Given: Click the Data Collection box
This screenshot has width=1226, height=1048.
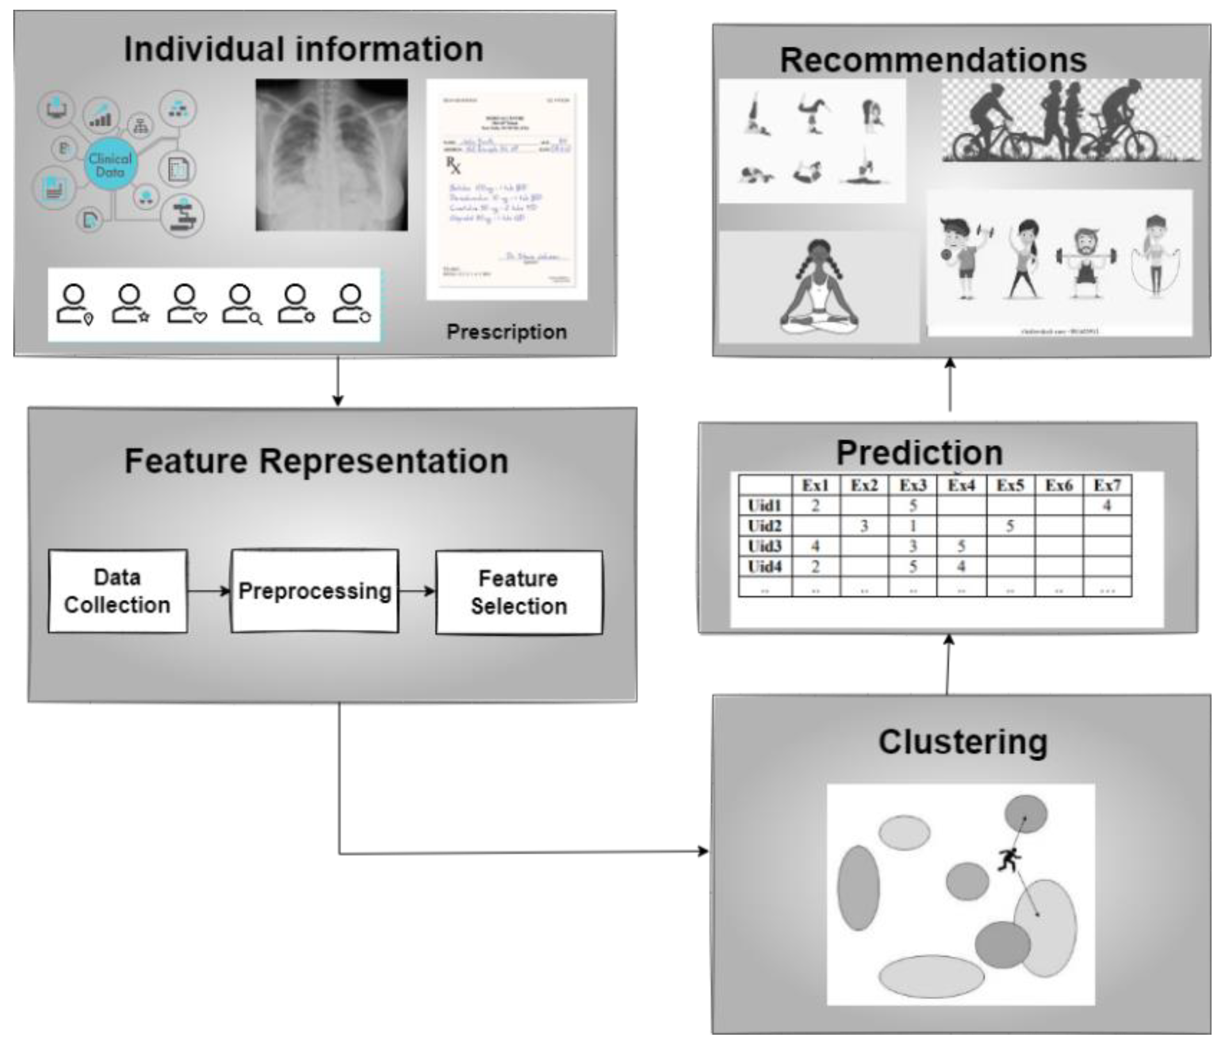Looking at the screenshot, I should (x=118, y=591).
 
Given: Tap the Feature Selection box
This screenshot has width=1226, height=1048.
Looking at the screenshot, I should (x=519, y=593).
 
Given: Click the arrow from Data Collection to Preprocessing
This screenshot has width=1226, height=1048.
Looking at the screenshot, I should (x=209, y=591).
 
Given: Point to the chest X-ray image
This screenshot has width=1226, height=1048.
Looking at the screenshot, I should (x=331, y=155).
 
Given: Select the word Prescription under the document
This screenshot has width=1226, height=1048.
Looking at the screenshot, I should (x=507, y=332).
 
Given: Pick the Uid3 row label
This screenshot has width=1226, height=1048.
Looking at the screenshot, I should (x=765, y=546).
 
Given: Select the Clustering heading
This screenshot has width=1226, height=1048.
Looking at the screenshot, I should (x=963, y=742).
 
